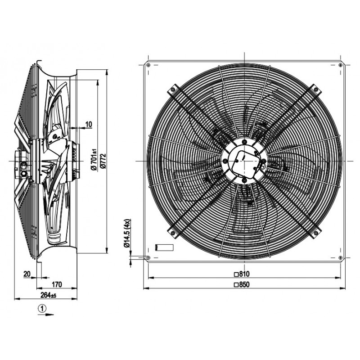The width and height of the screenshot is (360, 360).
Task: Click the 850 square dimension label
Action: click(x=242, y=284)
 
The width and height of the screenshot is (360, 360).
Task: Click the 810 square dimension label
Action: click(x=242, y=274)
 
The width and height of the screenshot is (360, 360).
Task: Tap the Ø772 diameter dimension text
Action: click(x=103, y=162)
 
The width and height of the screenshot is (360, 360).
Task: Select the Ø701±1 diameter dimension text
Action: click(x=94, y=159)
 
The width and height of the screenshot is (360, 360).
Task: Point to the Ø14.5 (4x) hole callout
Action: click(x=127, y=233)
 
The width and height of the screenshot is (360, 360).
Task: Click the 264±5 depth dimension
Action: click(x=48, y=295)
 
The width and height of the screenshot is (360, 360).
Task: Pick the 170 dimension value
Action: click(x=57, y=284)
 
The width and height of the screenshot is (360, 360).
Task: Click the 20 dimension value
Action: click(x=27, y=274)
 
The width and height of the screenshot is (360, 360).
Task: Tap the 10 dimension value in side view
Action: click(x=89, y=124)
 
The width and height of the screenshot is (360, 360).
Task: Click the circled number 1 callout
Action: click(x=42, y=309)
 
